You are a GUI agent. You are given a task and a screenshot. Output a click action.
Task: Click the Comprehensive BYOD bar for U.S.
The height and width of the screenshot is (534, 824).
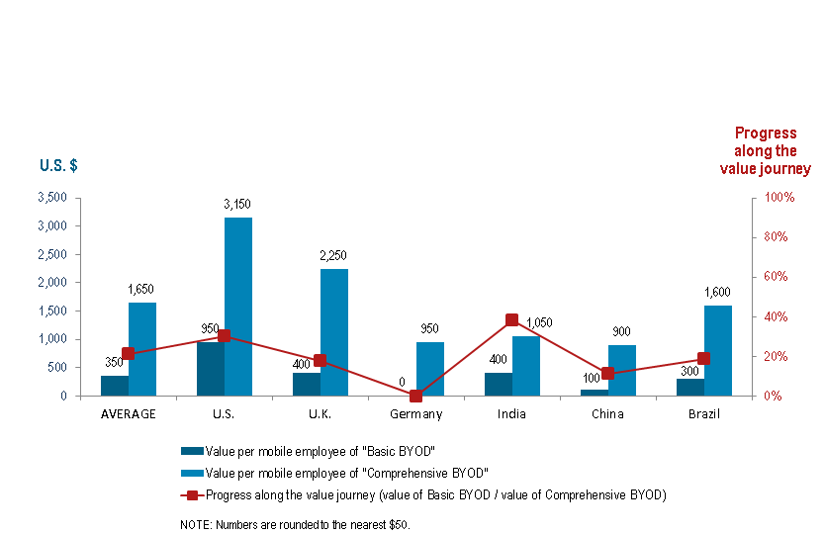[x=238, y=307]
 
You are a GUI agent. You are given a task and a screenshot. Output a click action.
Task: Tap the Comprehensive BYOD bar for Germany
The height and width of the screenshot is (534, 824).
[x=430, y=369]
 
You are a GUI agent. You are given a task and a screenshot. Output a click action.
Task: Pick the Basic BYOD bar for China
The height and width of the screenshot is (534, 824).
[x=595, y=393]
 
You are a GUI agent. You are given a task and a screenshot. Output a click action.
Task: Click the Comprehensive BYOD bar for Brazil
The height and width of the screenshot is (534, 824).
[x=718, y=350]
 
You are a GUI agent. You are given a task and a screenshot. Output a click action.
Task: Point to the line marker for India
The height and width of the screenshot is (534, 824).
[x=511, y=320]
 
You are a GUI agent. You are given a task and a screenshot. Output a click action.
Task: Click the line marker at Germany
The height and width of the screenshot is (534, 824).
[x=415, y=396]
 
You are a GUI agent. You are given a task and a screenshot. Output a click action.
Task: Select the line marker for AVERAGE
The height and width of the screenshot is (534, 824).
[x=128, y=354]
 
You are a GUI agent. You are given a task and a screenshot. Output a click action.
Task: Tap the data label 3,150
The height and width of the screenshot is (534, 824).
[x=237, y=204]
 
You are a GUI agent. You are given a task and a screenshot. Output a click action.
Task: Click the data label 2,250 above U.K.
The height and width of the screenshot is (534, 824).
[x=333, y=255]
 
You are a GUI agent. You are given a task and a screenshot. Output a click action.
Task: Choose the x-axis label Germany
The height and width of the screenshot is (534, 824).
[x=415, y=414]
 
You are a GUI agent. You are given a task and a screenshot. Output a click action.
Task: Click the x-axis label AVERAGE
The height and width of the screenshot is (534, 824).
[x=129, y=414]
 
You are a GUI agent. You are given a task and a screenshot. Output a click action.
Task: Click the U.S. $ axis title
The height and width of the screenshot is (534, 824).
[x=58, y=165]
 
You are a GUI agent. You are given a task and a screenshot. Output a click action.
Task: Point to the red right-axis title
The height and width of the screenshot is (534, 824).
[x=766, y=151]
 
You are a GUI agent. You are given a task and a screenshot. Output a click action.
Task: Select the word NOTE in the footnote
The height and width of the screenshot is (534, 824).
[x=193, y=524]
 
